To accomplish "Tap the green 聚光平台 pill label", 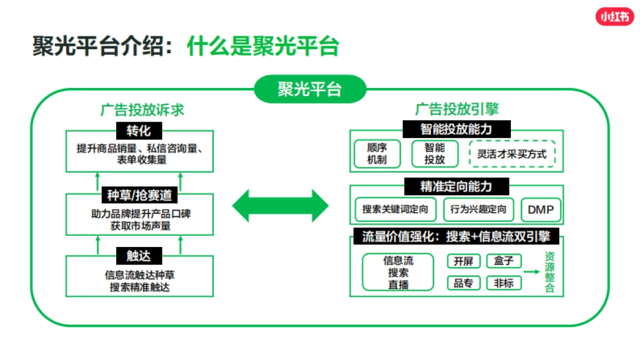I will [310, 89].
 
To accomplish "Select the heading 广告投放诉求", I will [142, 110].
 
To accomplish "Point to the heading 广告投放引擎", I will [457, 110].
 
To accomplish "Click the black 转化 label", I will [139, 131].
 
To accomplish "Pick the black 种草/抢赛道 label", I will [139, 195].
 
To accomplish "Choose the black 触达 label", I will [139, 256].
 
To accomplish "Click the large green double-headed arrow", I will [281, 205].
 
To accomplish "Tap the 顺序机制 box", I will [377, 153].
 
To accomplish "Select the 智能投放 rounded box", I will [435, 153].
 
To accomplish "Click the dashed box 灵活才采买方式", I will [512, 154].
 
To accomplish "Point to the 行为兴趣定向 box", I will [478, 209].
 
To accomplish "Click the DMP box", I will [541, 210].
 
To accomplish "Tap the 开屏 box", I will [463, 261].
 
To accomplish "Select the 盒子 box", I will [504, 261].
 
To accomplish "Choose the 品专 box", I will [463, 283].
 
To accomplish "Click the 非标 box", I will [504, 283].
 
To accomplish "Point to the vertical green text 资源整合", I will [550, 272].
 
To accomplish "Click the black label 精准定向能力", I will [456, 187].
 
